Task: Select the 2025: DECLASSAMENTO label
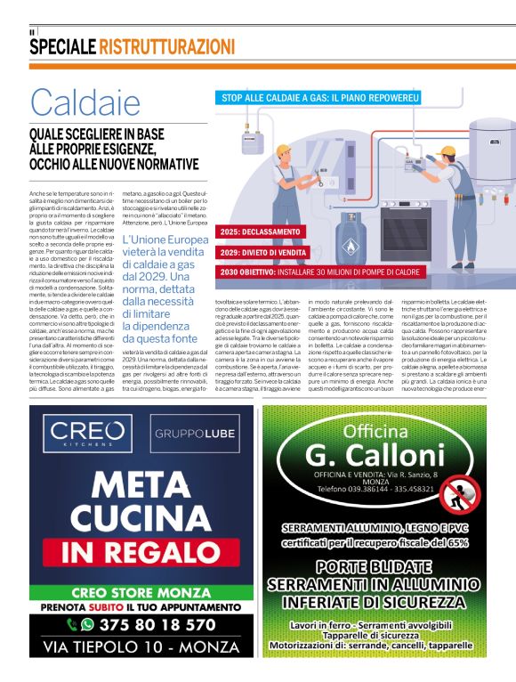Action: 261,231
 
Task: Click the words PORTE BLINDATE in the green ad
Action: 374,565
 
